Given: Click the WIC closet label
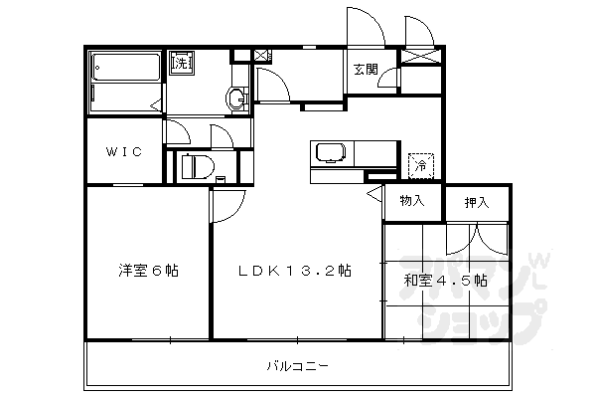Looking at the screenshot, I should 124,151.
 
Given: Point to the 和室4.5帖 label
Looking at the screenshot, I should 445,280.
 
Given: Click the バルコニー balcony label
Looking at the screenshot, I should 297,365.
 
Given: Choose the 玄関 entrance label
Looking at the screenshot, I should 365,69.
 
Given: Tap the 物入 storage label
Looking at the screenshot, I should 412,201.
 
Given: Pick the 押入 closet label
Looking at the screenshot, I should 477,203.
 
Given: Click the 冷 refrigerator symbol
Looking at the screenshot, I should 420,164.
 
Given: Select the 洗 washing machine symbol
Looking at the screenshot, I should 182,63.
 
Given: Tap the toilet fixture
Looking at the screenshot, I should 199,165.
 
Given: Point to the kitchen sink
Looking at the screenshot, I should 329,154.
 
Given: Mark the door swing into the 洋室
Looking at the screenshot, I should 226,207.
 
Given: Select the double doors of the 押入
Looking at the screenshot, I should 476,239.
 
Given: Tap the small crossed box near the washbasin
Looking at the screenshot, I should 260,56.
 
